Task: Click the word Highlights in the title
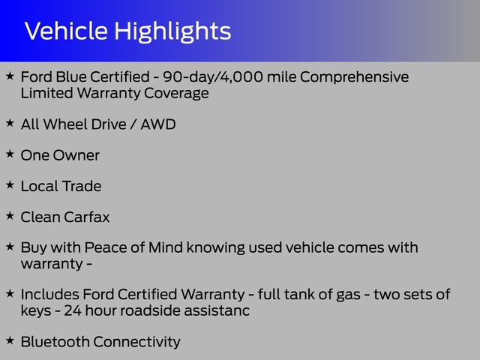(x=172, y=31)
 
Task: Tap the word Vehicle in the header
(x=66, y=31)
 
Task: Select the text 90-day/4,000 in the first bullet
(x=213, y=76)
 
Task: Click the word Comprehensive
(x=354, y=77)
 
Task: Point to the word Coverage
(x=176, y=93)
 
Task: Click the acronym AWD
(x=158, y=124)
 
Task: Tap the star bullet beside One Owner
(x=10, y=154)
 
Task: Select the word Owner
(x=76, y=155)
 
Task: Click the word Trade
(x=82, y=186)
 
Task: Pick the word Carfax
(x=87, y=217)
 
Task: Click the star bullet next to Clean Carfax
(x=10, y=215)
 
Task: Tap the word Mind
(x=166, y=247)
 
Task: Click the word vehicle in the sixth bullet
(x=310, y=247)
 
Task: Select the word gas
(x=348, y=295)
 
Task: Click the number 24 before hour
(x=73, y=310)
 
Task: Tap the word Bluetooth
(x=55, y=342)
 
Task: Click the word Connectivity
(x=136, y=343)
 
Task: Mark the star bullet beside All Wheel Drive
(x=10, y=123)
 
